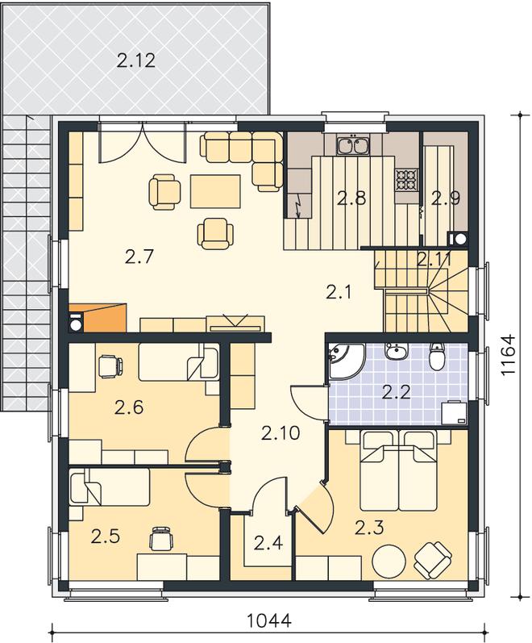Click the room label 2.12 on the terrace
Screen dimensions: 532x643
pos(136,61)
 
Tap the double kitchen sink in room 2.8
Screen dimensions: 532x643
pos(352,145)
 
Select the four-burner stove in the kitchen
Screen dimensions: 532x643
pos(406,180)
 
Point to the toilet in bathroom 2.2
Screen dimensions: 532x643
pos(437,355)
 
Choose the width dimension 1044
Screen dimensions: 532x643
pos(269,620)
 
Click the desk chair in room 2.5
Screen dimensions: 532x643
pos(161,539)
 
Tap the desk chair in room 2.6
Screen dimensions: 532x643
pos(110,365)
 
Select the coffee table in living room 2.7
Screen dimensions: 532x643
pos(215,191)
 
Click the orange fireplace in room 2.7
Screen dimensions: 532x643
pos(104,317)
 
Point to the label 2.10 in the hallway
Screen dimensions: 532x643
pos(281,433)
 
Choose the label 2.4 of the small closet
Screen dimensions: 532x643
pos(268,543)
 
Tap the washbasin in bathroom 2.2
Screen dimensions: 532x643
pos(396,352)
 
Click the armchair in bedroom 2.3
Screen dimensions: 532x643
pos(433,560)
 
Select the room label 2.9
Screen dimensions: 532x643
pos(446,198)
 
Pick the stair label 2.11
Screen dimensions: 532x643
pos(434,260)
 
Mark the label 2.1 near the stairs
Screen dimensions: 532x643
pos(339,292)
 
